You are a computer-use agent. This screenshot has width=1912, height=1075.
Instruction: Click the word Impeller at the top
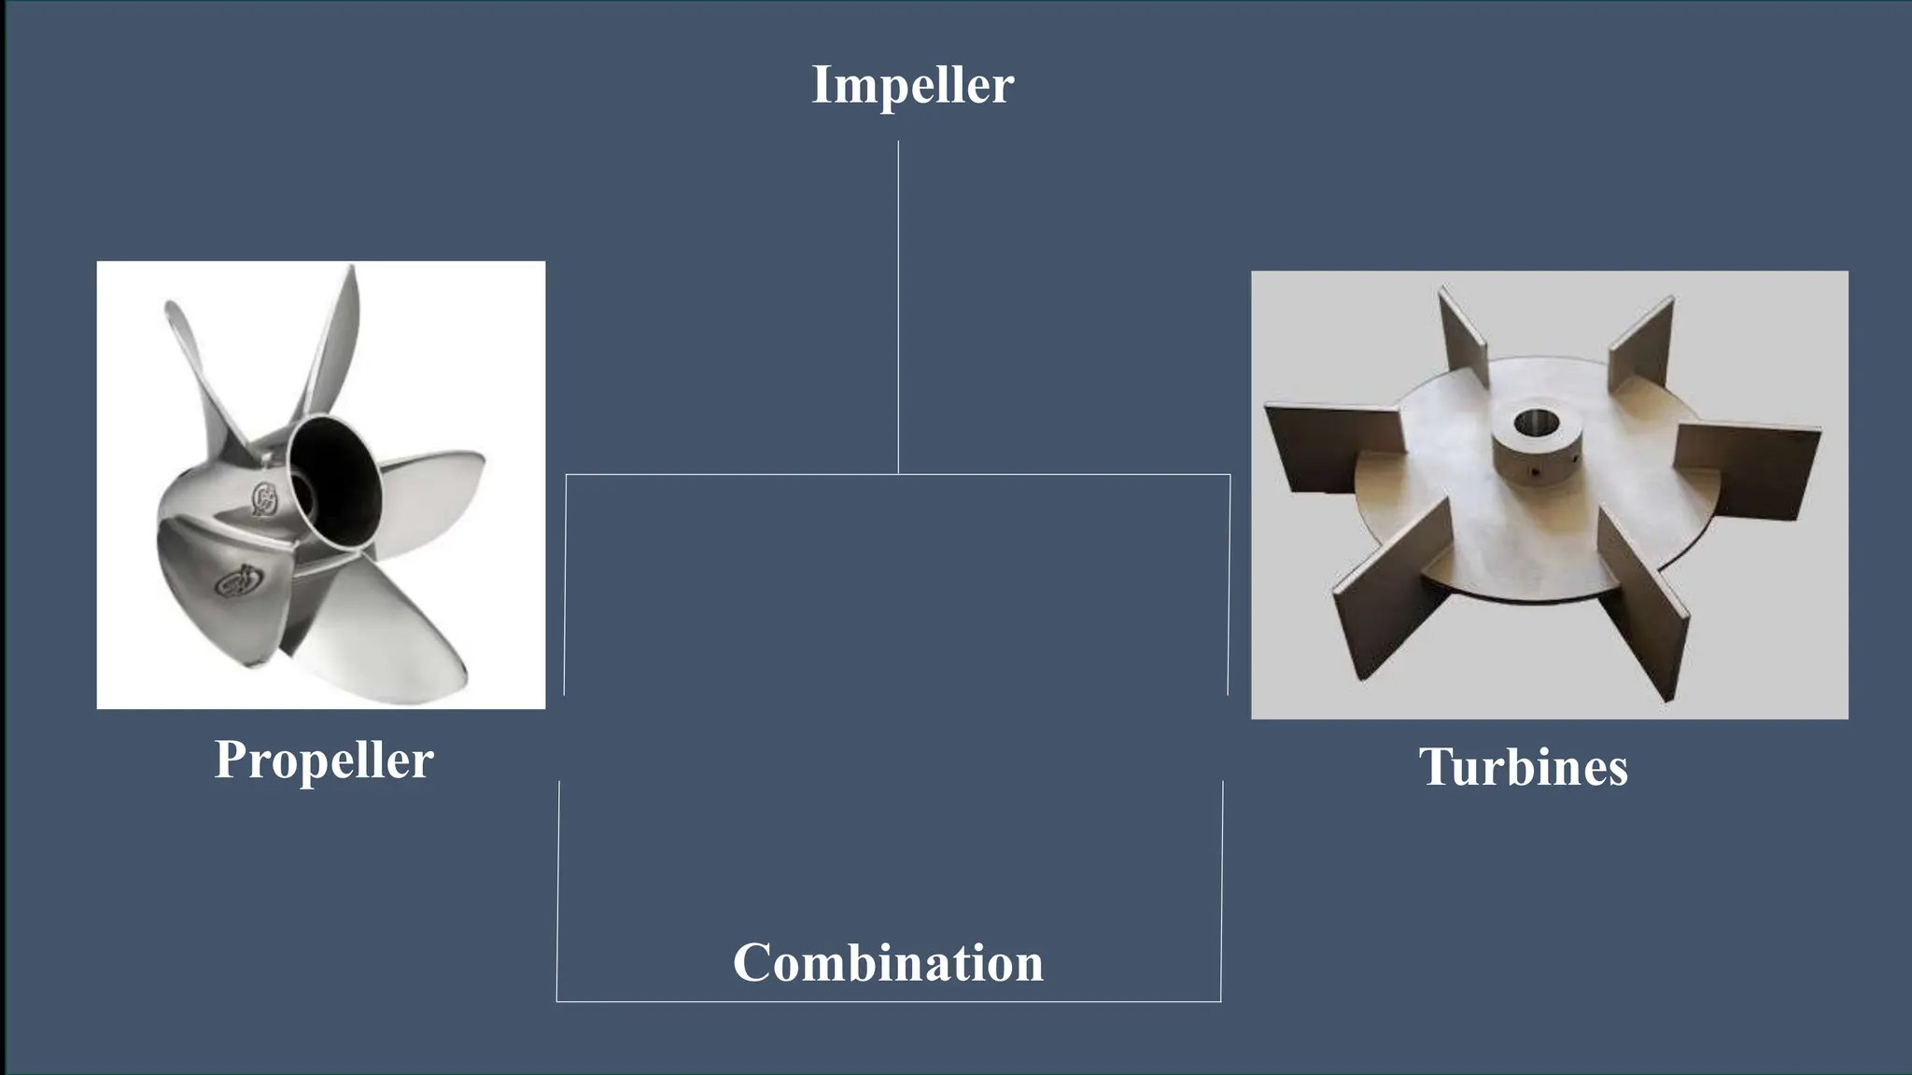(912, 85)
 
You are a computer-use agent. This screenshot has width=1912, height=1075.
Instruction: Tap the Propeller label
(324, 760)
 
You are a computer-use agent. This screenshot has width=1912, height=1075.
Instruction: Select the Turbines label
(1523, 767)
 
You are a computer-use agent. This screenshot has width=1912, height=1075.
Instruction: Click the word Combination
(888, 963)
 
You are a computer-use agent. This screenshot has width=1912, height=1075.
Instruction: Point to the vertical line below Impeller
(898, 308)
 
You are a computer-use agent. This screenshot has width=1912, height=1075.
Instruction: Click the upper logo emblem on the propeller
(264, 499)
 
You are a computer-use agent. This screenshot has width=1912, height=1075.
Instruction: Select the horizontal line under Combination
(888, 1001)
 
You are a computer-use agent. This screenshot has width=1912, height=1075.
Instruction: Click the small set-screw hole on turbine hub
(1535, 472)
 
